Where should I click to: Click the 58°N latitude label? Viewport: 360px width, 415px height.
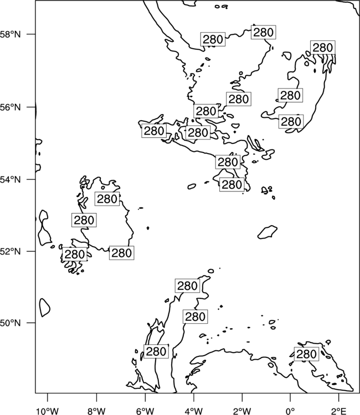point(10,34)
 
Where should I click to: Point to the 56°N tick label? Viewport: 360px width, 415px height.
point(10,107)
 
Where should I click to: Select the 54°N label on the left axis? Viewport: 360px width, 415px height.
point(10,179)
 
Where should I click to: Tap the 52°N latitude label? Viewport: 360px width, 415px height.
point(10,251)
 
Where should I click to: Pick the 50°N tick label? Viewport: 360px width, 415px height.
point(10,323)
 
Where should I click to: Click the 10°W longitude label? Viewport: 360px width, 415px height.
point(48,411)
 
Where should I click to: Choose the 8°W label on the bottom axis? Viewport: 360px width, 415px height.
point(96,411)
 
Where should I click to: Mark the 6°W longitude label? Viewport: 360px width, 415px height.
point(145,411)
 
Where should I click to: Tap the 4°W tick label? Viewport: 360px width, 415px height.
point(193,411)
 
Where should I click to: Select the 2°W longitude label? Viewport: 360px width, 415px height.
point(242,411)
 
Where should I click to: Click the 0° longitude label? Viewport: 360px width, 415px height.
point(290,411)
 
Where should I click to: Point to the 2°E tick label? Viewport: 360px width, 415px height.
point(339,411)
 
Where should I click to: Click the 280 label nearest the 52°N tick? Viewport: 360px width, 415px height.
point(74,255)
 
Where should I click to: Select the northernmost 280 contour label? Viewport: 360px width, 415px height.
point(263,32)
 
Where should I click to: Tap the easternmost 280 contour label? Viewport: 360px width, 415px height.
point(323,48)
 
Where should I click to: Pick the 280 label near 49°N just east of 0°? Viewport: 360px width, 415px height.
point(306,354)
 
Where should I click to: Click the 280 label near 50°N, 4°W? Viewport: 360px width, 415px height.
point(196,317)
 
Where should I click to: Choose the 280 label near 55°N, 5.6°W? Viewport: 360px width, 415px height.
point(154,131)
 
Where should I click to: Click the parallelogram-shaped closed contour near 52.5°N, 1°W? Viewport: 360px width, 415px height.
point(268,232)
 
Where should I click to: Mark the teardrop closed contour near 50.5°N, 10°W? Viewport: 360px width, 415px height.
point(44,307)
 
